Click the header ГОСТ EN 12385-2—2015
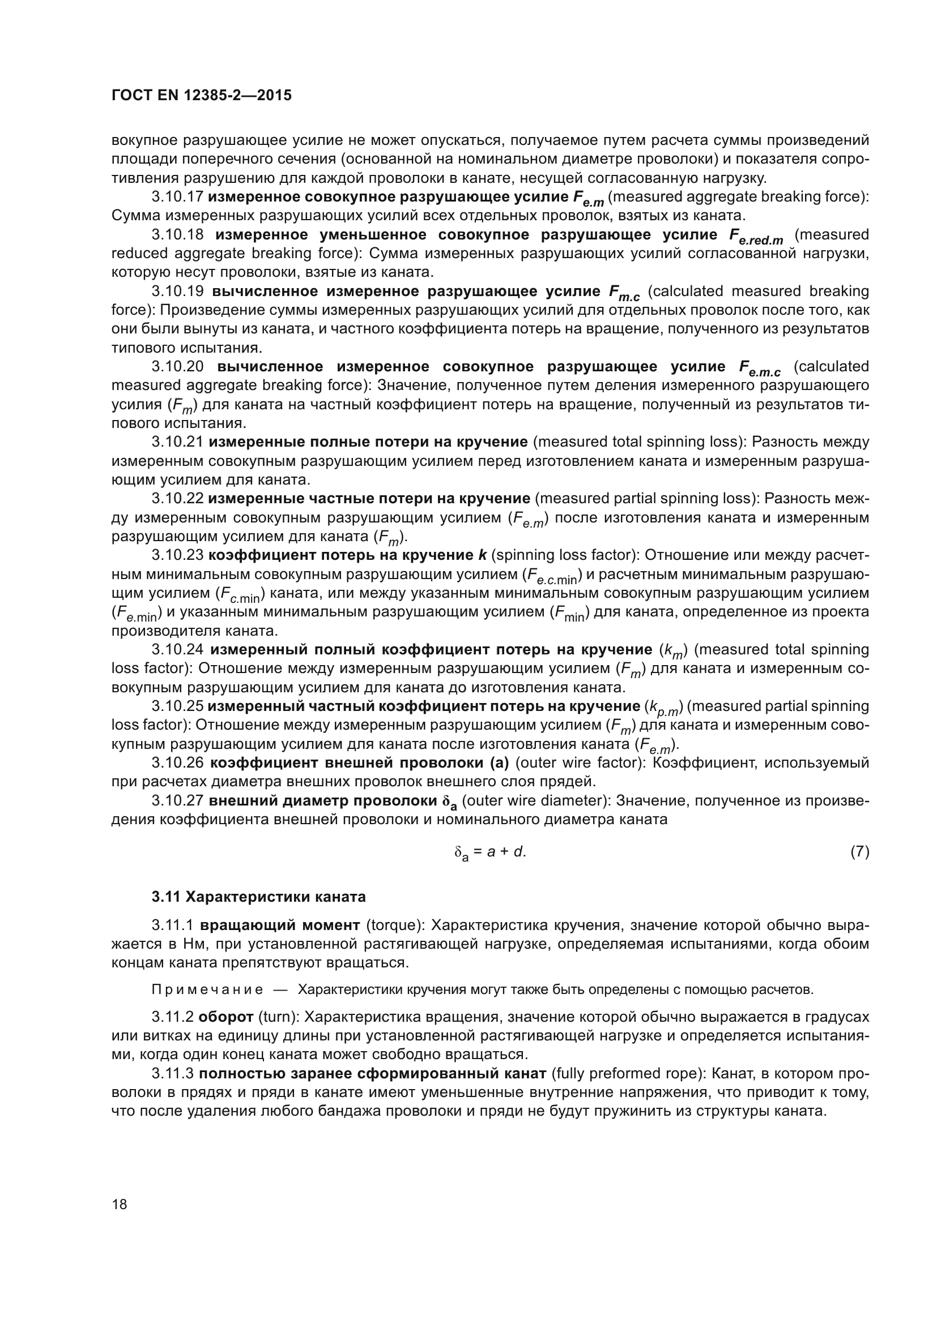click(x=201, y=96)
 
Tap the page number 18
click(x=120, y=1204)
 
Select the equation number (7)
click(x=859, y=851)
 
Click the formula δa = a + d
click(x=490, y=852)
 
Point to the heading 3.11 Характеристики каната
click(x=258, y=897)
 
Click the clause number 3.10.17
click(x=177, y=197)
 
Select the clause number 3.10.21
click(x=177, y=442)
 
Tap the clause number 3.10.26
click(x=177, y=763)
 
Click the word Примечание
click(x=207, y=989)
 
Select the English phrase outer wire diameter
click(x=537, y=801)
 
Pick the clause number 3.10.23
click(x=177, y=555)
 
